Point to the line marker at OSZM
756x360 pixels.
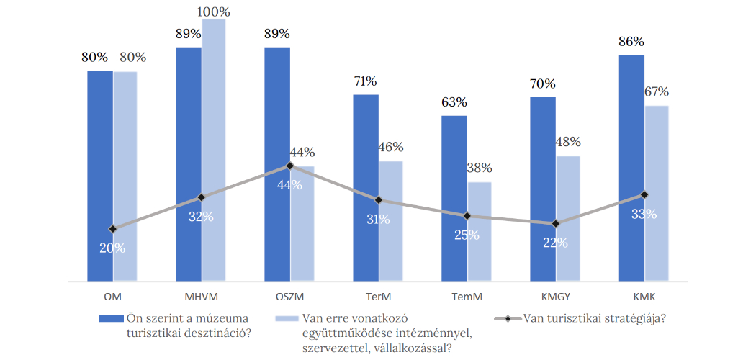290,166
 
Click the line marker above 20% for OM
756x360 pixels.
113,229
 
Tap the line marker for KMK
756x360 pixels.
644,194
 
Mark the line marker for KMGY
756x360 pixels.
555,224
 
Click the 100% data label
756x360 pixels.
215,12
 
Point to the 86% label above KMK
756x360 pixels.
631,42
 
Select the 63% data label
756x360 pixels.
454,102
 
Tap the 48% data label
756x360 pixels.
568,143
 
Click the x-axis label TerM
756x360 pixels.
378,295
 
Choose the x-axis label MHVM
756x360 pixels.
201,295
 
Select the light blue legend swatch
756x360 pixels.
287,318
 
